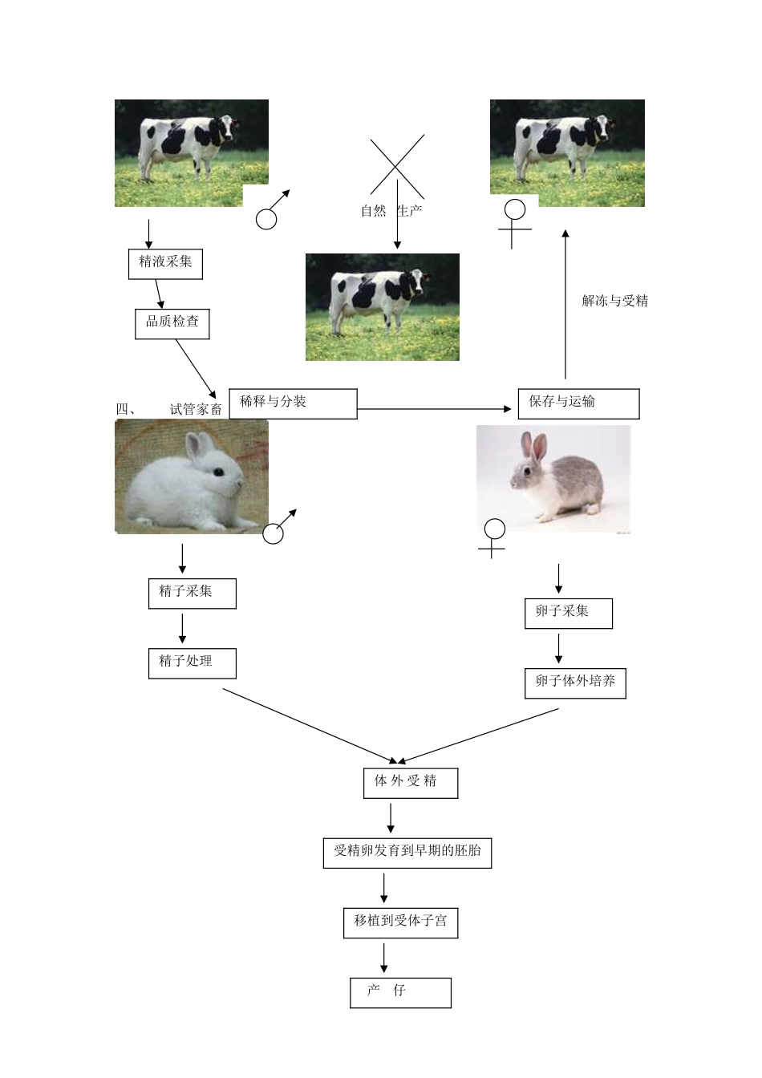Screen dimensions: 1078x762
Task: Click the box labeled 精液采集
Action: click(165, 263)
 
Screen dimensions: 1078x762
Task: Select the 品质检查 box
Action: click(172, 323)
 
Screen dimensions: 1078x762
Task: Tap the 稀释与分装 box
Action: click(293, 403)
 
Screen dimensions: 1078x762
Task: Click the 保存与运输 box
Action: click(578, 403)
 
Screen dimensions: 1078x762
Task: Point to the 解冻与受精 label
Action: click(614, 302)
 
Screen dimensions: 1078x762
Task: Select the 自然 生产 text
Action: click(391, 211)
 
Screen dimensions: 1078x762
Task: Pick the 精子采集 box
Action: click(192, 594)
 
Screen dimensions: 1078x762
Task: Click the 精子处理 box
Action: click(192, 663)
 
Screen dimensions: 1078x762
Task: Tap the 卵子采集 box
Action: click(568, 614)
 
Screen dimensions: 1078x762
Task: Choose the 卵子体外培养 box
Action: click(575, 683)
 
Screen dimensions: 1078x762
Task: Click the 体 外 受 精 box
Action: click(410, 783)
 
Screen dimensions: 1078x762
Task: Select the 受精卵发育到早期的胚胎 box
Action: click(407, 853)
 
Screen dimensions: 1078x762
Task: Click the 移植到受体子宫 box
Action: click(400, 922)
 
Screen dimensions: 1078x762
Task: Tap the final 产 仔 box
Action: click(400, 992)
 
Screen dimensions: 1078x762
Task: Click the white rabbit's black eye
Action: click(217, 472)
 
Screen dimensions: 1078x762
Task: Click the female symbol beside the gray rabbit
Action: click(493, 537)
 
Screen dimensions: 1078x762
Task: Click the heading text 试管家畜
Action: click(196, 409)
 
